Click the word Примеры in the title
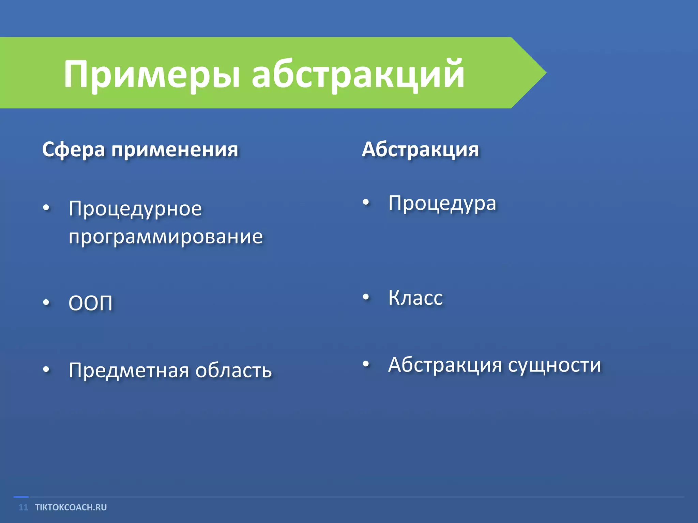152,74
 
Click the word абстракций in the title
358,74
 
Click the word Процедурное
135,208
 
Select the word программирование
166,236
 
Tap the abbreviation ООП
90,303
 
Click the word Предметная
128,370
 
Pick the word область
233,370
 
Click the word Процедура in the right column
442,203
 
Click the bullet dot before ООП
46,302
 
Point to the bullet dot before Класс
366,297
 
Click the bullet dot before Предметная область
46,369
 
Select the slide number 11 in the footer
23,507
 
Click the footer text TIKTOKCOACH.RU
71,507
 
